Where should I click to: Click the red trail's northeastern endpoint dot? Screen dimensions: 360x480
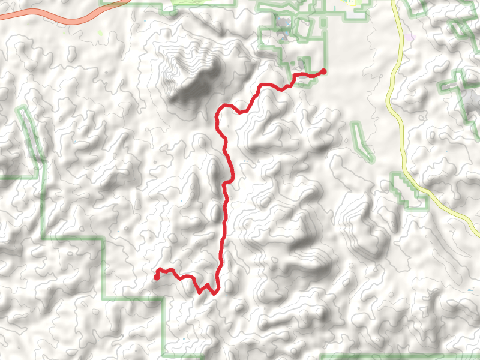pyautogui.click(x=323, y=71)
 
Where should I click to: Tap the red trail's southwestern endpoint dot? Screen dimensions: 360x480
pyautogui.click(x=157, y=277)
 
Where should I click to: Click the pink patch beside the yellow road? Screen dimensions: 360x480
pyautogui.click(x=410, y=38)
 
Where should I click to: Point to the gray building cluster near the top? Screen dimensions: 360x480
pyautogui.click(x=283, y=25)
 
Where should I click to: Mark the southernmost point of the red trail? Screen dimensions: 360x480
pyautogui.click(x=214, y=293)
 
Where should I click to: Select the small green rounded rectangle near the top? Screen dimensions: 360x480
pyautogui.click(x=323, y=23)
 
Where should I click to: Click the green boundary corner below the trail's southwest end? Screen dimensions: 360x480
pyautogui.click(x=163, y=298)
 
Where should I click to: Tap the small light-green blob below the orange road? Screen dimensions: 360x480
pyautogui.click(x=100, y=33)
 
